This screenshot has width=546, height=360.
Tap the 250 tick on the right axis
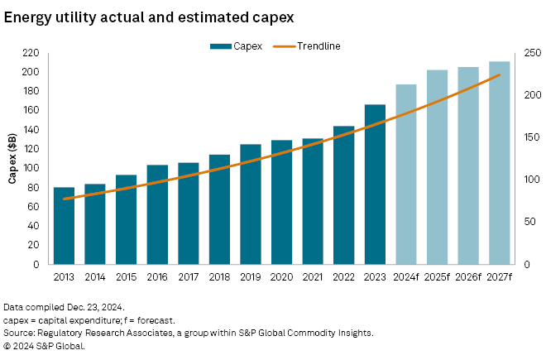click(531, 53)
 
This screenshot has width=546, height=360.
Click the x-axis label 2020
click(281, 276)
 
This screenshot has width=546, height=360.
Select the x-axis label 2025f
click(437, 276)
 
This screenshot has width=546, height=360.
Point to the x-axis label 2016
click(157, 276)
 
